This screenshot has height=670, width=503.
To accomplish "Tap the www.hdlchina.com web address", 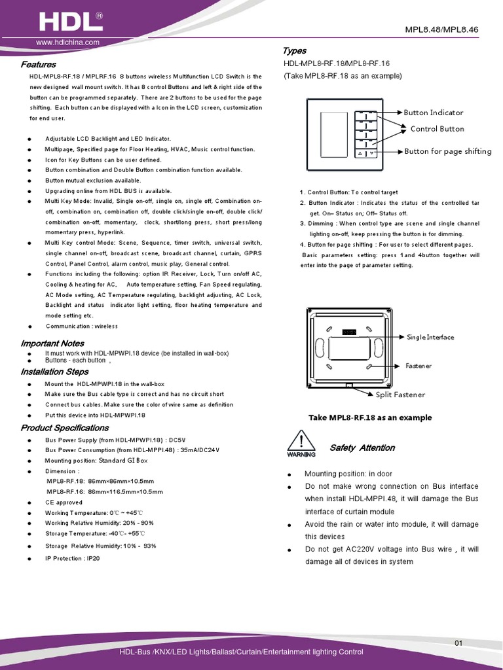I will [x=67, y=43].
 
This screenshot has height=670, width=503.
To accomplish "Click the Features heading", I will [x=38, y=65].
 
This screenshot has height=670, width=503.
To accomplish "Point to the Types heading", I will [x=294, y=51].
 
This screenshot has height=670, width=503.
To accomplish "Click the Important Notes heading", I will [x=52, y=344].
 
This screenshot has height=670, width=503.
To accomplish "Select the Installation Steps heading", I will [x=54, y=372].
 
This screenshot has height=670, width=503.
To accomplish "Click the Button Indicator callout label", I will [x=433, y=113].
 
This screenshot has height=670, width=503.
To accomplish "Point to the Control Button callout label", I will [x=437, y=129].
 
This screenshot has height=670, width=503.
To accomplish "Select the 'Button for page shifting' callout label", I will [x=447, y=151].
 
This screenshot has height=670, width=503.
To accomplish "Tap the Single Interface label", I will [x=430, y=337].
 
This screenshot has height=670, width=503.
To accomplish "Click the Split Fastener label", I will [x=400, y=395].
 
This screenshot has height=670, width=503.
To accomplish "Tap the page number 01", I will [x=458, y=644].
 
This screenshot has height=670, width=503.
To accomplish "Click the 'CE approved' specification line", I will [x=64, y=502].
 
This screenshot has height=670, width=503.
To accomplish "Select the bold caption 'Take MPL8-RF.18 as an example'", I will [x=370, y=417].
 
